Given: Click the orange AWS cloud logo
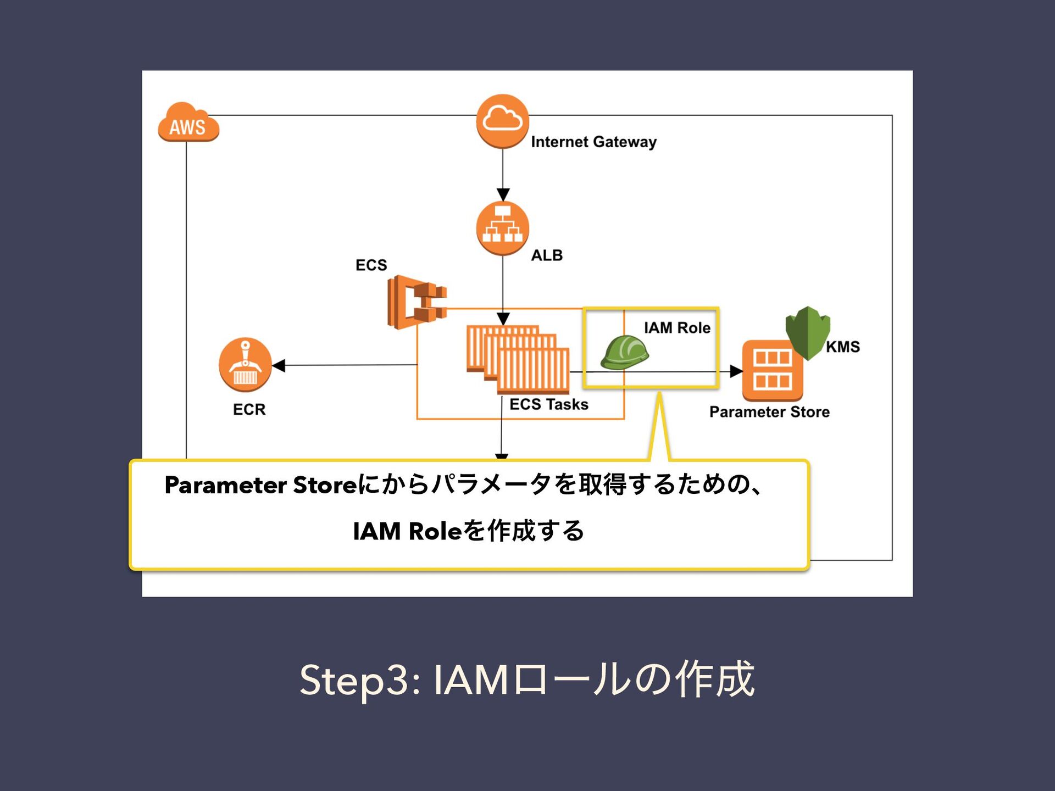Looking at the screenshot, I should (188, 123).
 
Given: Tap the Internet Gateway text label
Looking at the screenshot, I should (593, 142).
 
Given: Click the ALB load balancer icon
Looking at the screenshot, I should (502, 228).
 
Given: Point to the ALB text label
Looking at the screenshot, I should (547, 255).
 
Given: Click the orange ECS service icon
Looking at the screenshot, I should (417, 302).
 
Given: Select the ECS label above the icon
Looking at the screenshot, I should (371, 265).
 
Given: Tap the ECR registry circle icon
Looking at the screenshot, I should (245, 364).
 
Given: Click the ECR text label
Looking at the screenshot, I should (249, 409).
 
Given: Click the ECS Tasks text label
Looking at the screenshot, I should (548, 404).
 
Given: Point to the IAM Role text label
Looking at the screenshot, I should (677, 328).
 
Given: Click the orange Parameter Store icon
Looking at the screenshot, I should (772, 370).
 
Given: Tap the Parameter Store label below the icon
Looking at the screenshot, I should (769, 412).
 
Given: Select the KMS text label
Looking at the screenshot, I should (843, 347).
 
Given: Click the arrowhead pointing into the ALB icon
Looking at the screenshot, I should (503, 194).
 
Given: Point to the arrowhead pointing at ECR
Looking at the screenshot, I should (279, 365).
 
